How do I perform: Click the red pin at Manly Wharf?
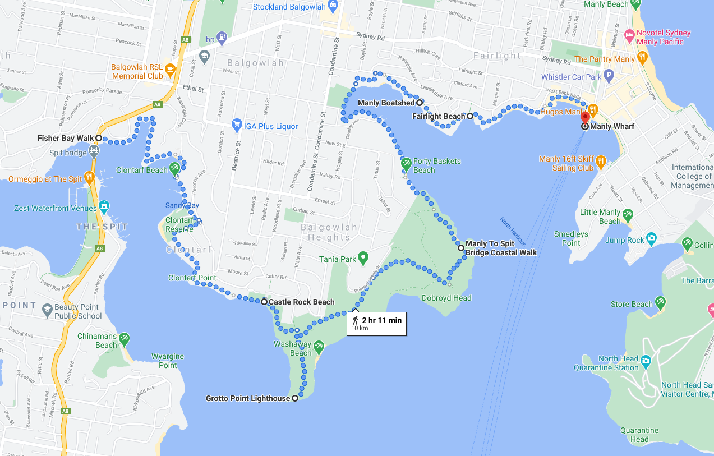(585, 117)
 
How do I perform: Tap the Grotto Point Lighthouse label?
(248, 399)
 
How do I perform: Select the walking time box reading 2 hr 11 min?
(376, 324)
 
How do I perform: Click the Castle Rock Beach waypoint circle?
(264, 302)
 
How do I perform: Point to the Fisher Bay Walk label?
(66, 138)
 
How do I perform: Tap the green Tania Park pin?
(363, 259)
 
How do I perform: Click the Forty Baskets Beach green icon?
(406, 163)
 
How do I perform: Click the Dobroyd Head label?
(446, 298)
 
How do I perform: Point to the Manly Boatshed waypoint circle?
(419, 103)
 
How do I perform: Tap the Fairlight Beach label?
(439, 117)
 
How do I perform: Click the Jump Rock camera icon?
(651, 238)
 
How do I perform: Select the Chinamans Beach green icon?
(124, 338)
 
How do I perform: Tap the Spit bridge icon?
(93, 150)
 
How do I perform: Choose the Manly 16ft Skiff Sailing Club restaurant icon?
(601, 162)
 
